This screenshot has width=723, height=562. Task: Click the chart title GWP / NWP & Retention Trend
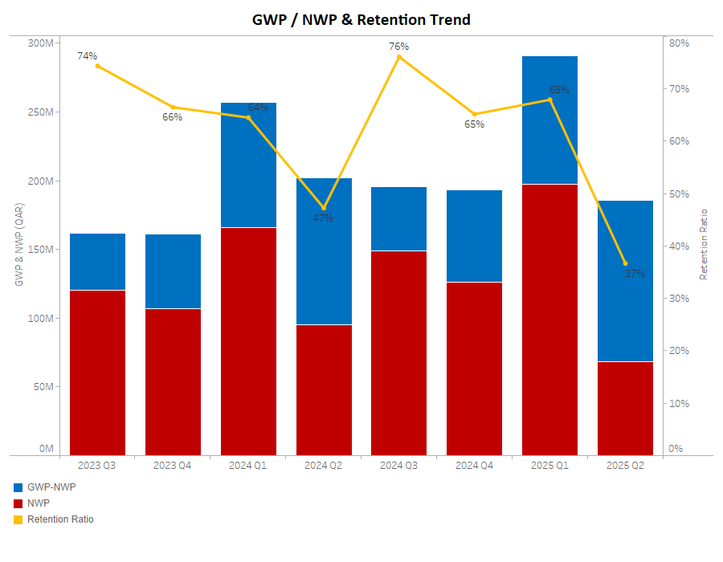pyautogui.click(x=361, y=19)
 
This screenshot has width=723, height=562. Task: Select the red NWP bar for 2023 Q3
pyautogui.click(x=97, y=373)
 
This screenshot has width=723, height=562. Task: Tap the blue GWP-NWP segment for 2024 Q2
pyautogui.click(x=324, y=251)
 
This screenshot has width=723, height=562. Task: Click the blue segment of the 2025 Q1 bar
pyautogui.click(x=549, y=120)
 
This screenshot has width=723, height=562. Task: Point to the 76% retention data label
pyautogui.click(x=399, y=47)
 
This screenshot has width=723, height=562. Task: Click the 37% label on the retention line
pyautogui.click(x=635, y=274)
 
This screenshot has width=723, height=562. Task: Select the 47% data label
pyautogui.click(x=323, y=218)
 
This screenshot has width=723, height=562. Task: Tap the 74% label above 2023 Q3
pyautogui.click(x=88, y=56)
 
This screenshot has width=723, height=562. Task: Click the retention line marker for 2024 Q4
pyautogui.click(x=475, y=114)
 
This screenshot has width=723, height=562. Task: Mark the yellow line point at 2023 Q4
pyautogui.click(x=173, y=108)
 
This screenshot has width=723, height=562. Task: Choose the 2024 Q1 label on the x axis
pyautogui.click(x=248, y=466)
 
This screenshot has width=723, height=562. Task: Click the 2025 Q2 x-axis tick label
pyautogui.click(x=625, y=466)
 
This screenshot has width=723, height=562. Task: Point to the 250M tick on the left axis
pyautogui.click(x=40, y=112)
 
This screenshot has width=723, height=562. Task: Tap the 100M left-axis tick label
pyautogui.click(x=40, y=319)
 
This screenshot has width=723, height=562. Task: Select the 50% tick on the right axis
pyautogui.click(x=680, y=194)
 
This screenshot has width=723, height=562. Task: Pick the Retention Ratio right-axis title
pyautogui.click(x=704, y=244)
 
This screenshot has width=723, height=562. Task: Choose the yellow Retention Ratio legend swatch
pyautogui.click(x=18, y=519)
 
